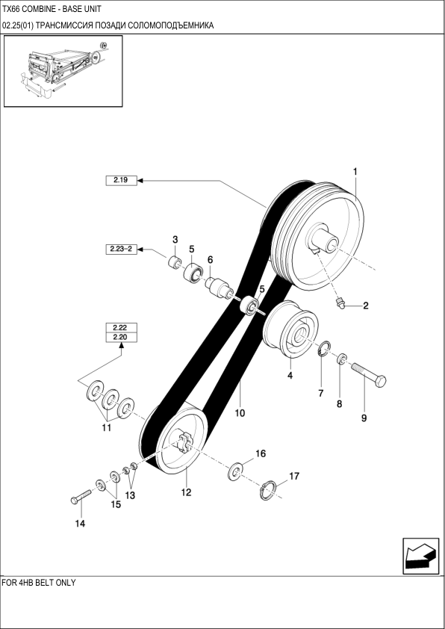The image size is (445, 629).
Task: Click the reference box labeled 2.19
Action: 121,181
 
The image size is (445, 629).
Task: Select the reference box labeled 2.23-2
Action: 121,249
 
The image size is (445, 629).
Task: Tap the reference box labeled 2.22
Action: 121,328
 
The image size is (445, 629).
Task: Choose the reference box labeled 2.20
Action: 121,338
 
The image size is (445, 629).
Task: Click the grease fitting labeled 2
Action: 340,303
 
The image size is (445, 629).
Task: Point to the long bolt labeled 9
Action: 369,373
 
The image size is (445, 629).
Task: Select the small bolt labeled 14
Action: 81,497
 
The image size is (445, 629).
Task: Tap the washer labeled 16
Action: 236,472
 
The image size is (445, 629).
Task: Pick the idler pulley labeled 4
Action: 291,329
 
